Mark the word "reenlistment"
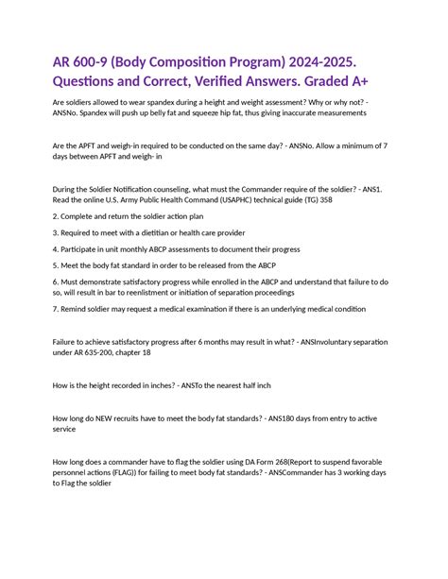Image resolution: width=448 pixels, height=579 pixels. (x=157, y=293)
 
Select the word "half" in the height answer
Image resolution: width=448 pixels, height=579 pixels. (x=246, y=384)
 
